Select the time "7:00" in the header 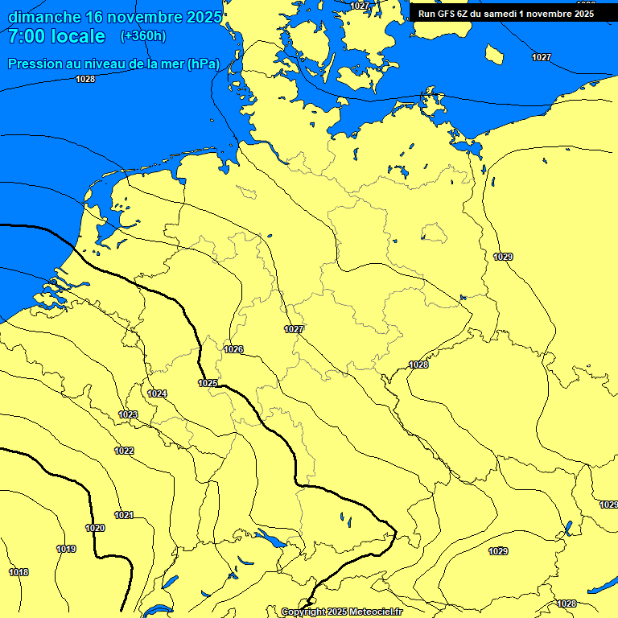click(27, 36)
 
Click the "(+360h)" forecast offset click(142, 36)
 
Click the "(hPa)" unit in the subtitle click(203, 64)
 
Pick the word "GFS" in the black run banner click(447, 14)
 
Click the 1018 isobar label click(19, 572)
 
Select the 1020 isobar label click(95, 528)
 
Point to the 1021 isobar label click(124, 515)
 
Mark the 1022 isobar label click(124, 451)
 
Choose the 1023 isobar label click(128, 414)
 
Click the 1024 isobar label click(158, 393)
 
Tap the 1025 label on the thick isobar click(208, 383)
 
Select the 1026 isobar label click(233, 349)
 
